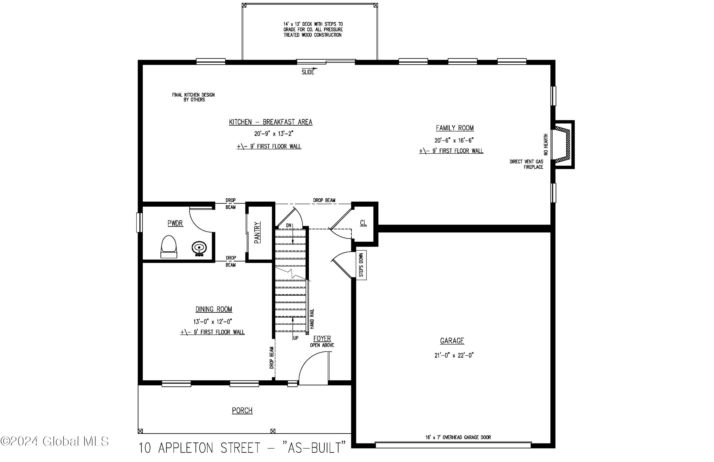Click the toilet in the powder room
click(169, 247)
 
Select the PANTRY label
click(258, 232)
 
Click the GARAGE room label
click(452, 341)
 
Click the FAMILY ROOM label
click(455, 128)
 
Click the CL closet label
click(363, 223)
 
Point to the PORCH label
click(242, 410)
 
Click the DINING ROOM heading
click(214, 309)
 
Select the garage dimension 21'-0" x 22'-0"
click(454, 355)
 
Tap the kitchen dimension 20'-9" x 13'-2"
click(274, 134)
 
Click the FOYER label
click(322, 338)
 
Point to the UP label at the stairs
click(296, 338)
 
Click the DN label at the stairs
click(289, 225)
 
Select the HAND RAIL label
click(312, 319)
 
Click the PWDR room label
click(175, 223)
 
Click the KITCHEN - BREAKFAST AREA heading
click(271, 122)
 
